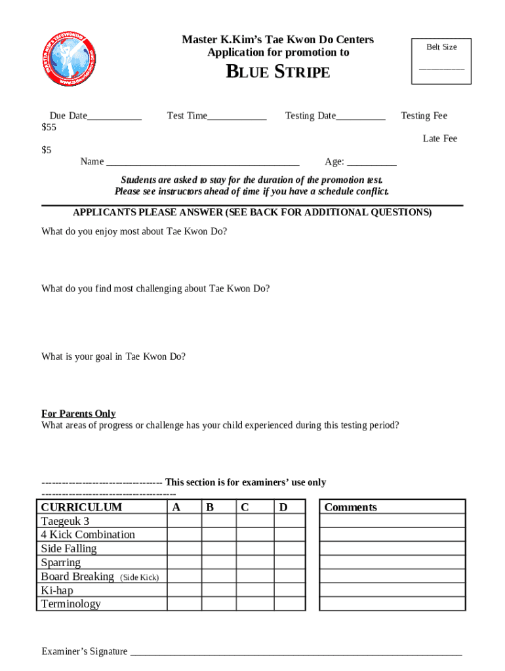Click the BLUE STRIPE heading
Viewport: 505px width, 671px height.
pos(277,72)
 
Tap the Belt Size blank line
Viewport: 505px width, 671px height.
pos(441,68)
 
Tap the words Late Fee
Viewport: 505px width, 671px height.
pos(439,139)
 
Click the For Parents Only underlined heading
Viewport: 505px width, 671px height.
pos(79,413)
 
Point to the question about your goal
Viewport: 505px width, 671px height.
pos(113,357)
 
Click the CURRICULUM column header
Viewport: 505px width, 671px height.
pos(81,507)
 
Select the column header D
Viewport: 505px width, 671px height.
pos(283,507)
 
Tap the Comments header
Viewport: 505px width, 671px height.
pos(351,507)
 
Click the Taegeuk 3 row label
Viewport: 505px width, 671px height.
pos(65,521)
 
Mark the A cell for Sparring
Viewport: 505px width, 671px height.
pos(184,562)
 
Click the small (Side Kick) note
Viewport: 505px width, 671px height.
pos(139,577)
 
